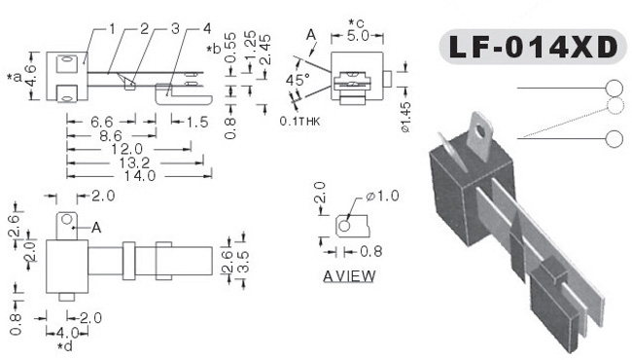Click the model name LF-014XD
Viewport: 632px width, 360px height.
(x=533, y=47)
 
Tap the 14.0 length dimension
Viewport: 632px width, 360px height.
(x=140, y=176)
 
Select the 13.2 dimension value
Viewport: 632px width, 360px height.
(x=134, y=162)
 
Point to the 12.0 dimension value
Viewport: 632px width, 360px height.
(x=127, y=149)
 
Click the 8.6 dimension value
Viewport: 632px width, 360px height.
(x=111, y=136)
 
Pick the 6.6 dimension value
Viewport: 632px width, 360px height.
(x=102, y=122)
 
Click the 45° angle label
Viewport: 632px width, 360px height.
(x=298, y=80)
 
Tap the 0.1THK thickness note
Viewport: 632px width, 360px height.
(x=299, y=121)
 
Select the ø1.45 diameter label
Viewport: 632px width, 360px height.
(x=405, y=117)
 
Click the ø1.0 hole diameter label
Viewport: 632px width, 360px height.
(x=382, y=196)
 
